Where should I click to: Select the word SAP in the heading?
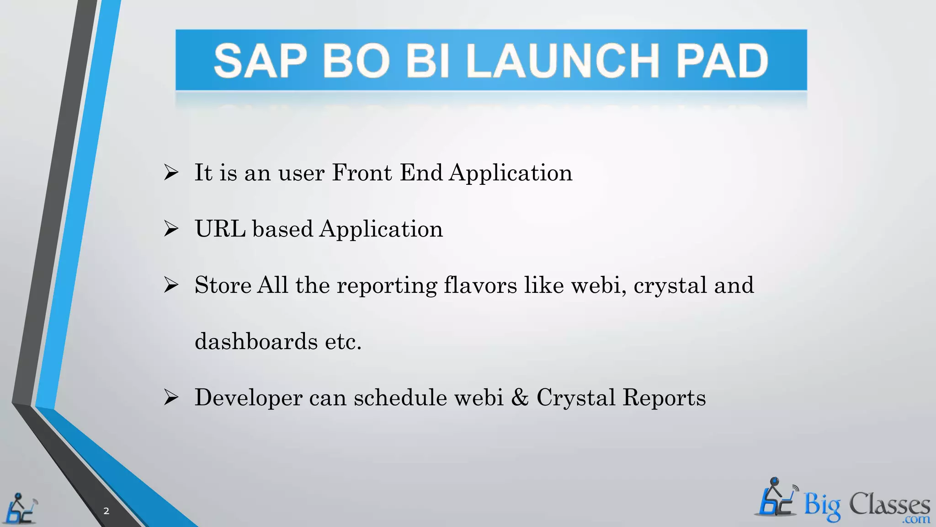[261, 61]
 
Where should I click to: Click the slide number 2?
[106, 511]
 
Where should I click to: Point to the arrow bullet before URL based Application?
[171, 229]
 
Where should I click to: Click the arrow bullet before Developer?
[171, 398]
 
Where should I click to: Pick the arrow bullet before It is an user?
[171, 172]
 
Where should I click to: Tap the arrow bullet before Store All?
[171, 285]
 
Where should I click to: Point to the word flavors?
[480, 285]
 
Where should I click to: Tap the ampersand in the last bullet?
[519, 397]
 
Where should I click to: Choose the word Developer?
[248, 398]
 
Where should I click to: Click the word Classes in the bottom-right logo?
[889, 505]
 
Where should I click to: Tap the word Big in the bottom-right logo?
[822, 506]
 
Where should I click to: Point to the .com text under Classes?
[916, 520]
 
